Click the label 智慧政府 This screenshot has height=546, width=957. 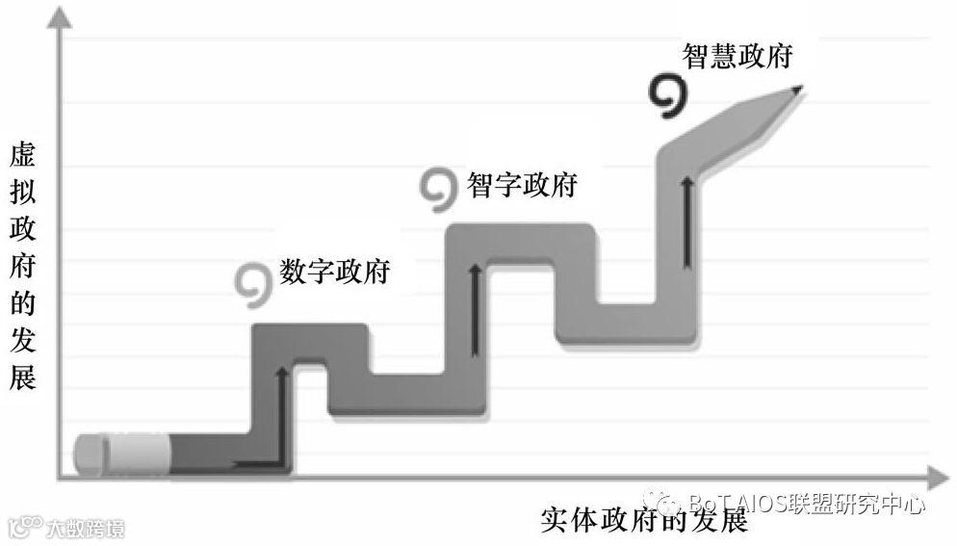point(737,55)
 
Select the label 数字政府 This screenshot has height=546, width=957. point(334,271)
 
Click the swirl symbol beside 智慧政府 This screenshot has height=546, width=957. point(666,97)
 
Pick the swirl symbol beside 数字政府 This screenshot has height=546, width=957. point(253,280)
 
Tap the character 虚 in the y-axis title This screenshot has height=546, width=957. point(22,155)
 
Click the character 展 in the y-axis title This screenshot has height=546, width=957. point(22,378)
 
